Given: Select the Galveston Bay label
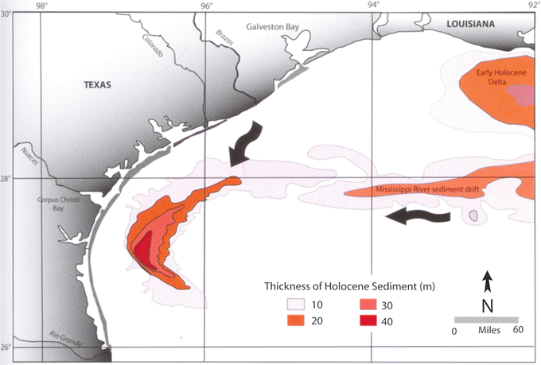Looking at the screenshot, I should (x=272, y=26).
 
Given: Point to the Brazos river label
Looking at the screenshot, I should (x=226, y=41).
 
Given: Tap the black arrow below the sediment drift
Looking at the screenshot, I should (x=422, y=216).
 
